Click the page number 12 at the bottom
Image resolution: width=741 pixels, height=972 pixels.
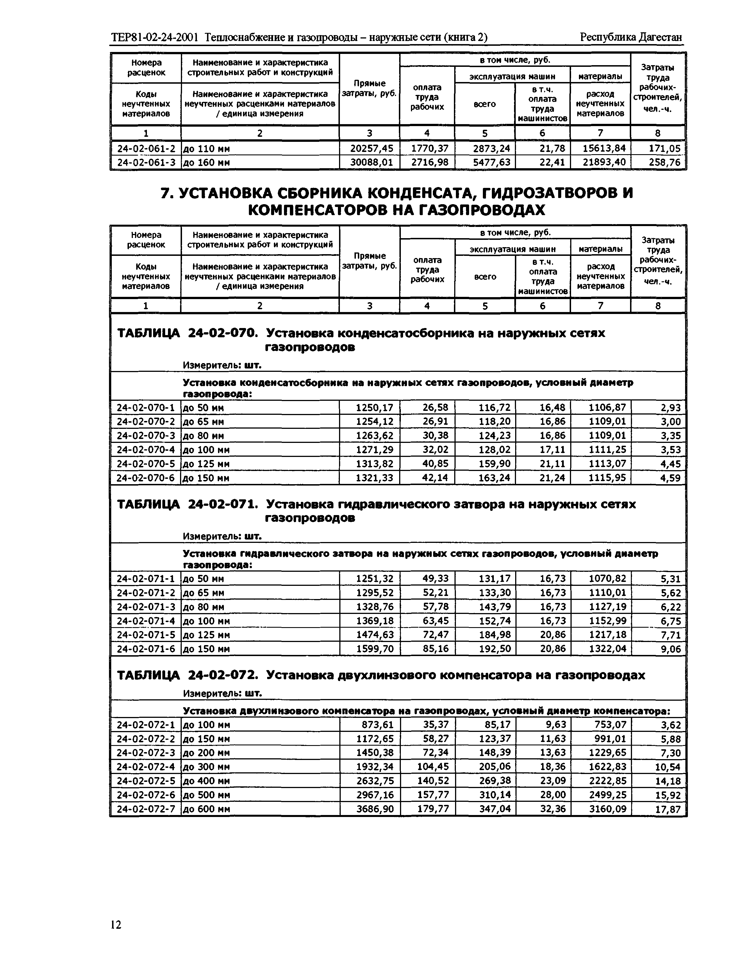pyautogui.click(x=116, y=924)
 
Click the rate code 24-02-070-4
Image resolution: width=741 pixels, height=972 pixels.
pyautogui.click(x=146, y=450)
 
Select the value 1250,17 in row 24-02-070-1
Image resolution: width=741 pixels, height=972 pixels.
pyautogui.click(x=374, y=408)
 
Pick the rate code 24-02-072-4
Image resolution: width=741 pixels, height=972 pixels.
pyautogui.click(x=146, y=766)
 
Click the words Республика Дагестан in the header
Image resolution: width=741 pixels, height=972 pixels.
pyautogui.click(x=631, y=37)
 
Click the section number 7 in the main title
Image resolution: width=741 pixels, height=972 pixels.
pyautogui.click(x=165, y=193)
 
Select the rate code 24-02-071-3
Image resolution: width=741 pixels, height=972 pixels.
pyautogui.click(x=146, y=607)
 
